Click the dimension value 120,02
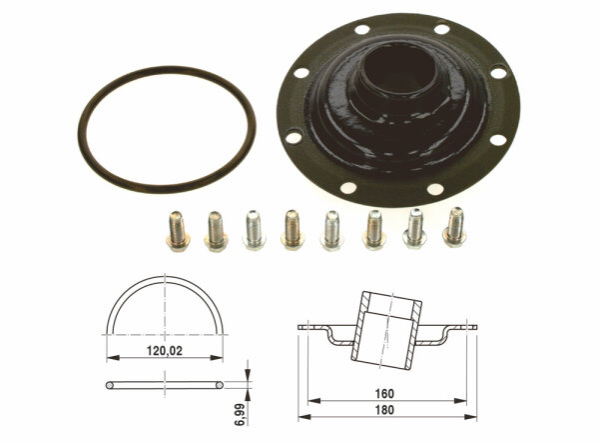pos(165,350)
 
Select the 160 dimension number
pos(384,393)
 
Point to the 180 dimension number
pos(384,410)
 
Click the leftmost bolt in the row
pos(178,231)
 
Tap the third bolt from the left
pos(254,230)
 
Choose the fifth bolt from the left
pos(331,230)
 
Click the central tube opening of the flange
pos(397,72)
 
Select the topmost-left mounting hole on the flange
pos(361,29)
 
